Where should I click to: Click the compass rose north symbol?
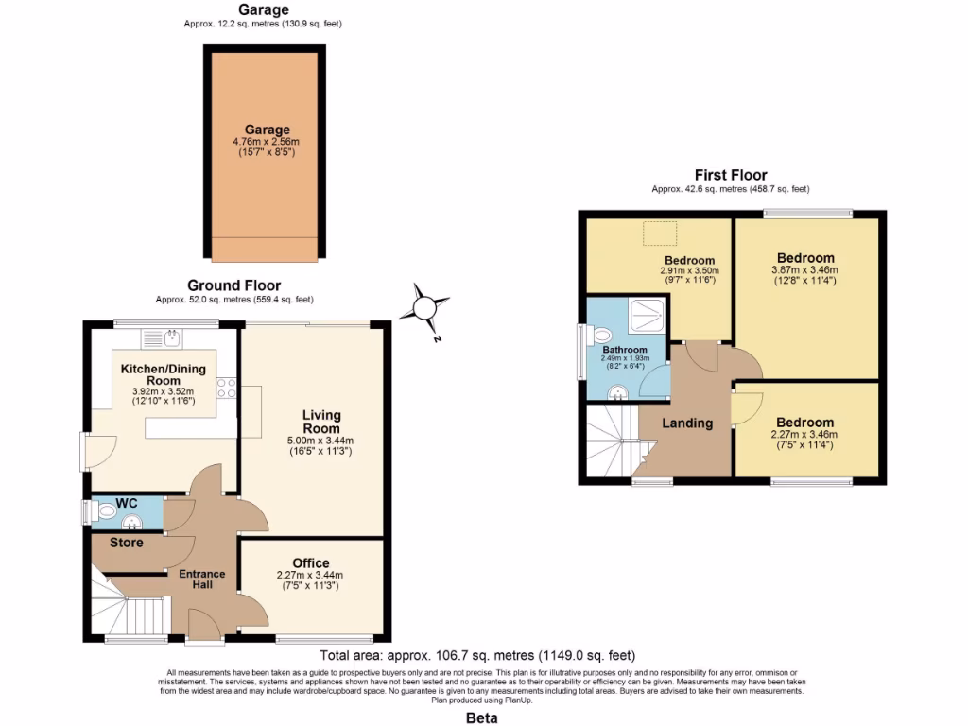pyautogui.click(x=424, y=307)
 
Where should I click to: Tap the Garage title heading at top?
pyautogui.click(x=263, y=9)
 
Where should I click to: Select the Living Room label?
pyautogui.click(x=321, y=422)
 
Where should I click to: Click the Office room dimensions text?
pyautogui.click(x=310, y=580)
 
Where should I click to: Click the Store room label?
pyautogui.click(x=126, y=543)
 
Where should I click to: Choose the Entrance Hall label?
pyautogui.click(x=202, y=579)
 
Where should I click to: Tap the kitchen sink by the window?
pyautogui.click(x=173, y=337)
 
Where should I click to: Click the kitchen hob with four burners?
pyautogui.click(x=226, y=388)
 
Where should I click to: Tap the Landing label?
pyautogui.click(x=687, y=423)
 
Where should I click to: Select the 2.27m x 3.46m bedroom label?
pyautogui.click(x=805, y=428)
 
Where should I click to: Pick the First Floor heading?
pyautogui.click(x=731, y=175)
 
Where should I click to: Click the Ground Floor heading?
pyautogui.click(x=233, y=285)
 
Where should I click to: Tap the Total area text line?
pyautogui.click(x=477, y=655)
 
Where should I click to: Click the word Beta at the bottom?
pyautogui.click(x=483, y=717)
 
